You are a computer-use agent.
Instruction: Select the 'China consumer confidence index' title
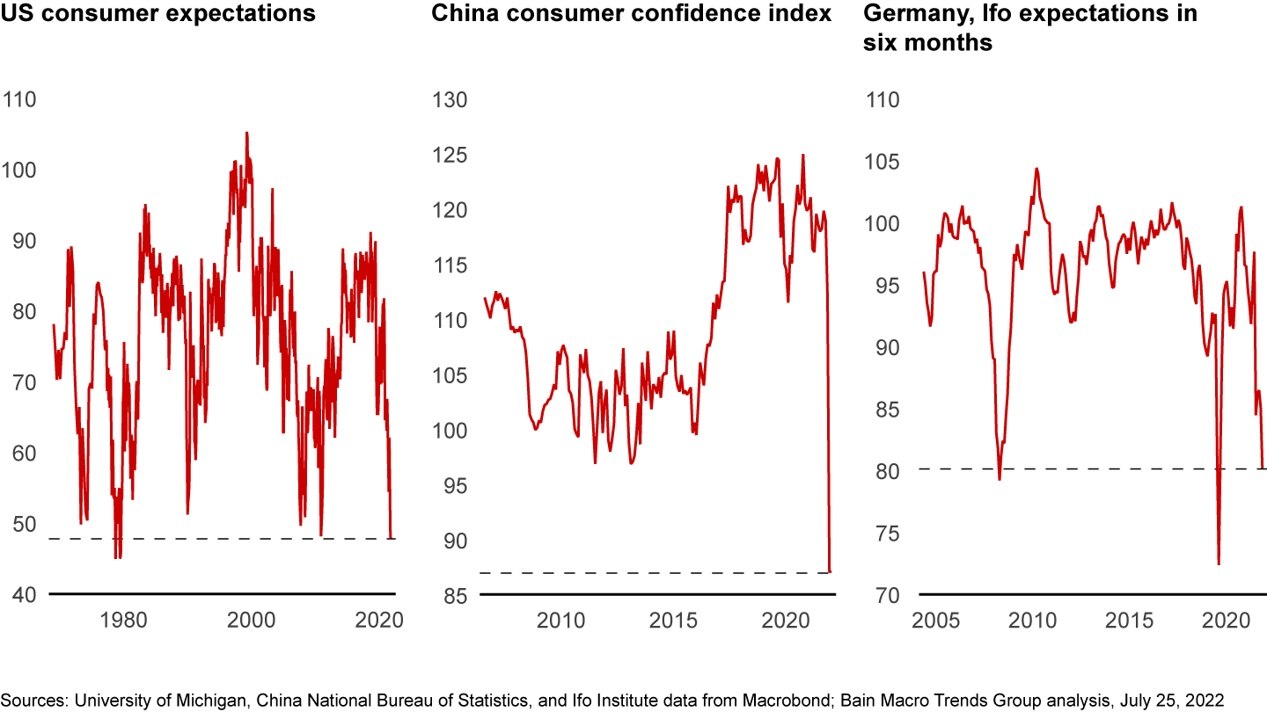pos(631,14)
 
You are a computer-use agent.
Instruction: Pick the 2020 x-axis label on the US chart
pos(379,620)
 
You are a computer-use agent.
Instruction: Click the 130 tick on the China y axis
pos(450,99)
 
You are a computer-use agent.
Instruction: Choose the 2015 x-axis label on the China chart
pos(672,620)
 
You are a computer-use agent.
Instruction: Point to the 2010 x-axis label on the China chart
pos(560,620)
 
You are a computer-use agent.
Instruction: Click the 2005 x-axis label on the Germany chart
pos(934,620)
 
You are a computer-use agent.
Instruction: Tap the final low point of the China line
pos(830,571)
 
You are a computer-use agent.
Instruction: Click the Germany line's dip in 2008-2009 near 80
pos(1000,479)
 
